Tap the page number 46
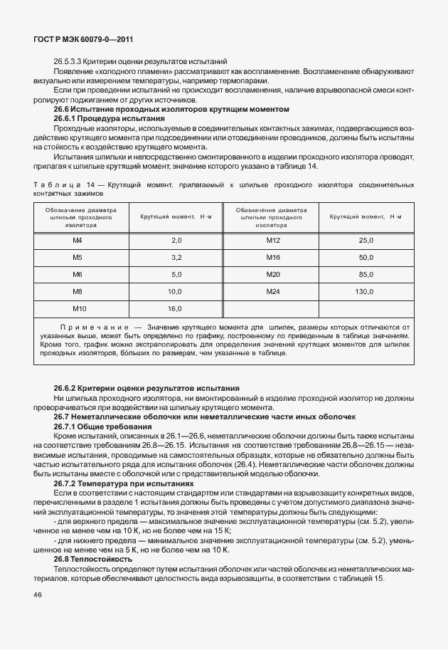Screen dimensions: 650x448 [x=38, y=594]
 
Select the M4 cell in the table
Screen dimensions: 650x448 [x=78, y=240]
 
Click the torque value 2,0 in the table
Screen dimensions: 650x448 [x=176, y=240]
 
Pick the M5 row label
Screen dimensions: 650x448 [x=78, y=257]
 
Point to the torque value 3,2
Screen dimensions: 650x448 [x=176, y=257]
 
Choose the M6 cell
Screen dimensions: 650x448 [x=78, y=274]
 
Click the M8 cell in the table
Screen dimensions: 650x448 [x=78, y=291]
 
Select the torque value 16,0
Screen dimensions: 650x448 [x=176, y=308]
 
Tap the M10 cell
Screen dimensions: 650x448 [x=79, y=308]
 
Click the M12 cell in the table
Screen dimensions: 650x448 [x=273, y=240]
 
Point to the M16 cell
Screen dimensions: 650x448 [x=273, y=257]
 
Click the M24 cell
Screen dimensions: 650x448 [x=273, y=291]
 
